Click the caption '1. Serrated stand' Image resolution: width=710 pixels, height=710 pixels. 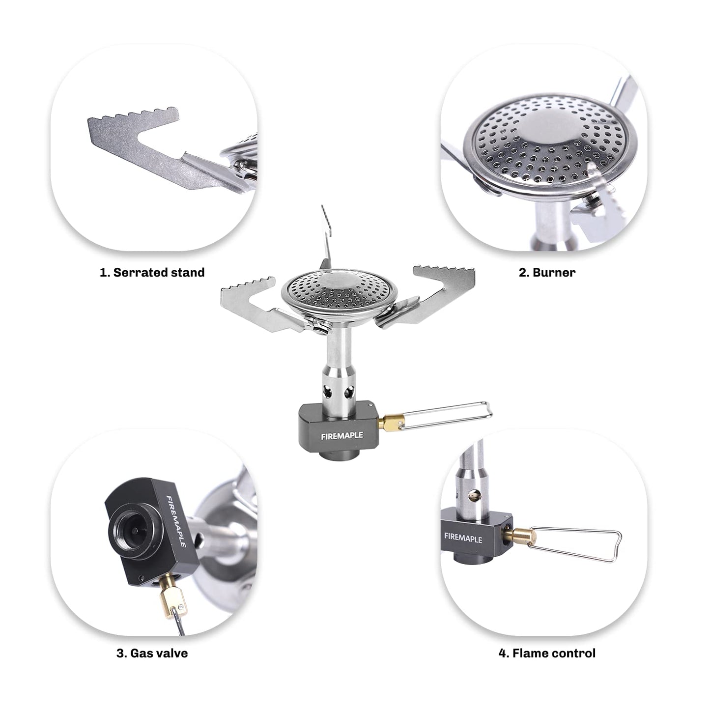tap(152, 273)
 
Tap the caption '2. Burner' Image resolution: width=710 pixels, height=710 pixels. tap(547, 273)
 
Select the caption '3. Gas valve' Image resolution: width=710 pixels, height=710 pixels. tap(152, 653)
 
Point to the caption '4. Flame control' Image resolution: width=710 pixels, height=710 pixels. tap(547, 653)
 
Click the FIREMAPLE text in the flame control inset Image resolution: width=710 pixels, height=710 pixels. tap(463, 538)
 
